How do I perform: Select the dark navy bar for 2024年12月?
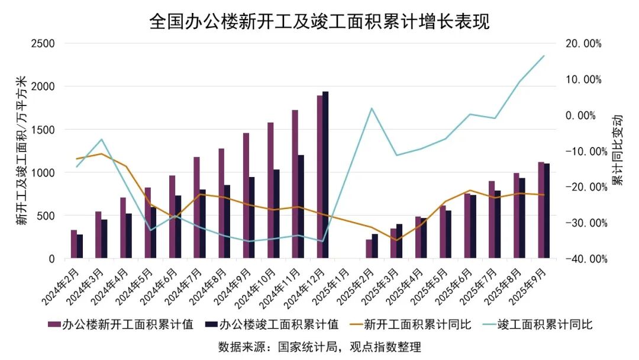[325, 175]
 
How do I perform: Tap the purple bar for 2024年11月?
[295, 184]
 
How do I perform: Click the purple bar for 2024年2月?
[74, 244]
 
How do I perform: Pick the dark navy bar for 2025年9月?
[547, 211]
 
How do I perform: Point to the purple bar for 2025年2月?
[369, 249]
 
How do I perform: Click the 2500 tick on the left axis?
[43, 43]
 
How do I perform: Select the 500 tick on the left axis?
[46, 216]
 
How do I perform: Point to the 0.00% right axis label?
[583, 115]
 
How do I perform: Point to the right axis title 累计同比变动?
[618, 150]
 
